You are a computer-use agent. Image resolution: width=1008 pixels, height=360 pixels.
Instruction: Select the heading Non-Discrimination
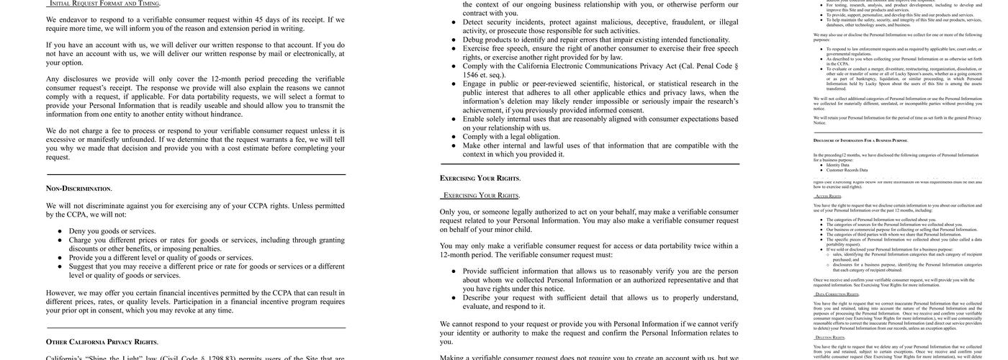[x=79, y=189]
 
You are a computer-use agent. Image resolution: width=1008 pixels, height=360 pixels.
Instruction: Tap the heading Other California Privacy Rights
[x=102, y=342]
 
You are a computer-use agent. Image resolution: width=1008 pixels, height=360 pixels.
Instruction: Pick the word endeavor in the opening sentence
[x=78, y=19]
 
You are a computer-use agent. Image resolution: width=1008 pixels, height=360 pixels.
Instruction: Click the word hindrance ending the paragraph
[x=226, y=114]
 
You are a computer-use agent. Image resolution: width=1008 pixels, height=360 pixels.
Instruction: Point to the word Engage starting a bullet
[x=479, y=84]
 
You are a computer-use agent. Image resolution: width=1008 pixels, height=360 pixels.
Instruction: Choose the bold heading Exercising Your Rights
[x=480, y=179]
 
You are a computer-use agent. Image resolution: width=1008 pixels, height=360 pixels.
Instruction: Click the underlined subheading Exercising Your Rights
[x=481, y=195]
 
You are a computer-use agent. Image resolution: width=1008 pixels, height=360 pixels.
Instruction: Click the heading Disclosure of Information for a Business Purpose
[x=860, y=140]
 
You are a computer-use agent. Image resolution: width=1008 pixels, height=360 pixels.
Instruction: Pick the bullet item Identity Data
[x=838, y=165]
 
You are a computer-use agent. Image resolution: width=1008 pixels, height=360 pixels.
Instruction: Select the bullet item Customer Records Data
[x=847, y=170]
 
